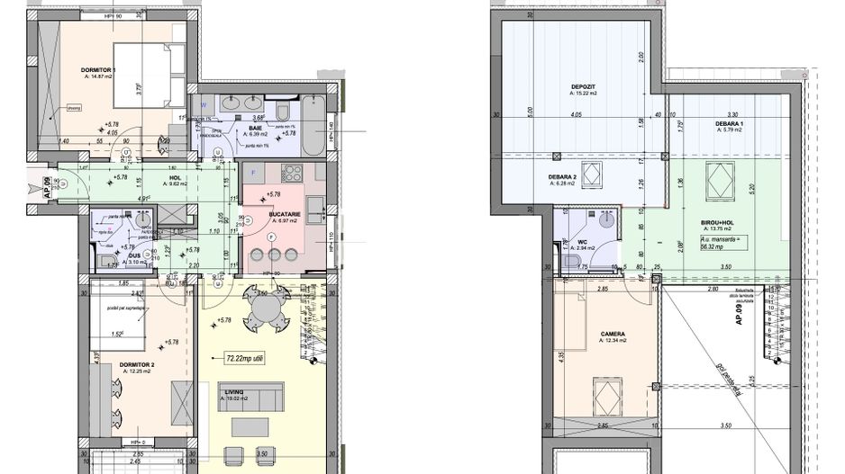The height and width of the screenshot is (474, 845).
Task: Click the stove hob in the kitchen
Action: [292, 174]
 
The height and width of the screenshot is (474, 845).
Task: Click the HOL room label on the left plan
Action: [175, 177]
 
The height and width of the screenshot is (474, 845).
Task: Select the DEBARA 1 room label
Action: [729, 124]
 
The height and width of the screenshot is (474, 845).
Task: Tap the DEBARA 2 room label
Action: [562, 177]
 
